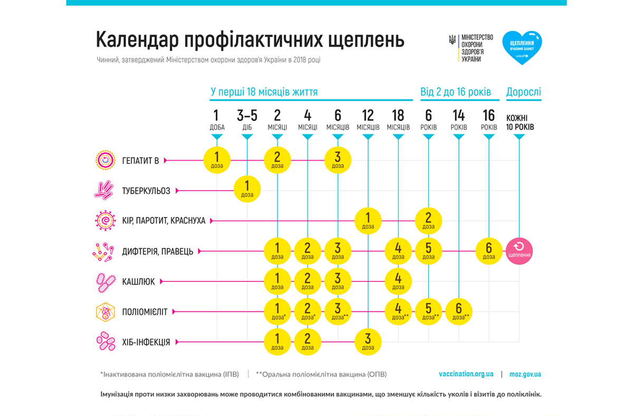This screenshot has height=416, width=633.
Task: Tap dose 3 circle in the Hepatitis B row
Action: [x=338, y=159]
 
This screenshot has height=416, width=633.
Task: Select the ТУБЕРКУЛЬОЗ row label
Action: [x=146, y=191]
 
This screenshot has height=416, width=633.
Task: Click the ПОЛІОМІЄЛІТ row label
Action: [x=144, y=312]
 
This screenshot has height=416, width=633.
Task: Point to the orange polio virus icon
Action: [x=105, y=312]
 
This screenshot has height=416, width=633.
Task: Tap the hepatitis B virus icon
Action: [x=105, y=160]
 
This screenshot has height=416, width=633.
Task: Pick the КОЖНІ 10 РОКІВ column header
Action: [x=520, y=122]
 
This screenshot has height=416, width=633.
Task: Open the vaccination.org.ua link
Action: [x=466, y=374]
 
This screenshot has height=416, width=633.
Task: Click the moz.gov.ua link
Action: [x=525, y=374]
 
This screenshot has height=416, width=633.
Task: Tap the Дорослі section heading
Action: [x=523, y=92]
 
